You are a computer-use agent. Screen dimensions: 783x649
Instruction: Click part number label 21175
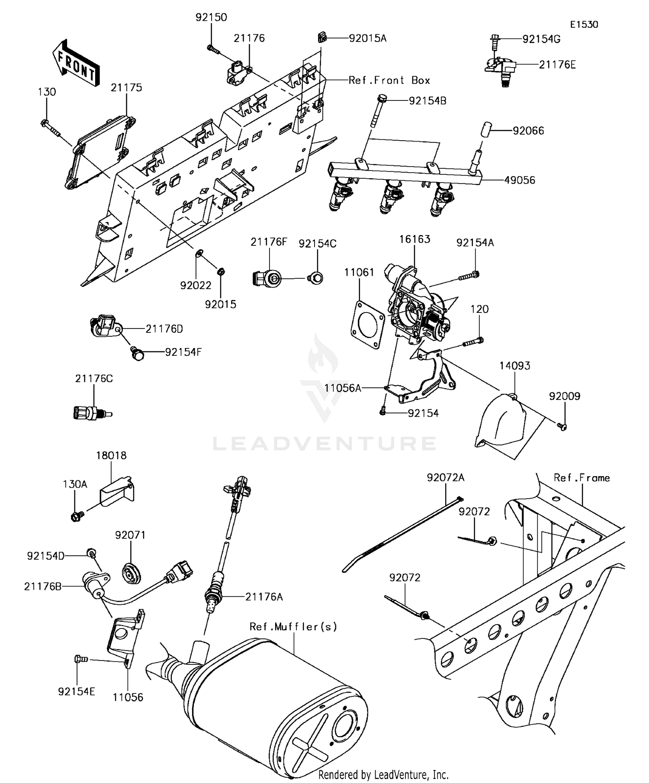126,87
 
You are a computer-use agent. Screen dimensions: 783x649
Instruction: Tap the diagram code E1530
584,25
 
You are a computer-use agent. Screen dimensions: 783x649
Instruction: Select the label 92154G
541,39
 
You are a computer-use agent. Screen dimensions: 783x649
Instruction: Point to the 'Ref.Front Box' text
389,81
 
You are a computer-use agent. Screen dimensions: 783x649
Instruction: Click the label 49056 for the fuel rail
519,180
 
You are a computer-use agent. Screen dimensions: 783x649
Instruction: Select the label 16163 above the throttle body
414,239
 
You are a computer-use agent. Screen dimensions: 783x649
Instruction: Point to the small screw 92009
562,427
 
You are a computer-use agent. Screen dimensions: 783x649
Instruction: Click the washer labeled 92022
199,253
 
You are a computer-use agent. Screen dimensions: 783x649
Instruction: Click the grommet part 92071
130,574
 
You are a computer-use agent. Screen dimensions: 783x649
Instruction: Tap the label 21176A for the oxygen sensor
264,597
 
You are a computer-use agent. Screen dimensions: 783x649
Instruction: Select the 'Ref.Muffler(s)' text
293,626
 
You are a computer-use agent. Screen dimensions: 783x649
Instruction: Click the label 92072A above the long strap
445,477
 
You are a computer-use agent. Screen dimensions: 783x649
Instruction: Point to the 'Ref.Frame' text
582,478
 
